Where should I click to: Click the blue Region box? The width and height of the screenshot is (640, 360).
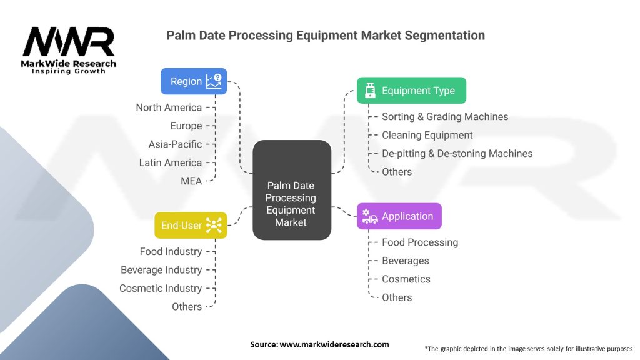pos(194,81)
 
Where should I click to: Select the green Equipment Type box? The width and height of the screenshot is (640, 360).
pos(411,90)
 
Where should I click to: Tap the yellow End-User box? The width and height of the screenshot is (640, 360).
pos(191,225)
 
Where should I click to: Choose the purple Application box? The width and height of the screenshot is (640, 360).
pos(399,216)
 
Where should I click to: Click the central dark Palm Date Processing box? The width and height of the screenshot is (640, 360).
pos(292,190)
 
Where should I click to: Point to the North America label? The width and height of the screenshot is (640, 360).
pos(169,107)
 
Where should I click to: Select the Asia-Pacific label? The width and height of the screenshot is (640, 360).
pos(175,144)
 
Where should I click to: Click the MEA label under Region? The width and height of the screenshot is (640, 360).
pos(191,181)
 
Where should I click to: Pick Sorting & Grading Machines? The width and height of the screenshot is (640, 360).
pos(445,117)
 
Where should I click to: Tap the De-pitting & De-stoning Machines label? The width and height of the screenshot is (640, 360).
pos(457,154)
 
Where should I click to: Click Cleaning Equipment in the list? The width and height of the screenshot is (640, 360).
pos(427,135)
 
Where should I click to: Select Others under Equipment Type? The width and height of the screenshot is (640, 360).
pos(397,172)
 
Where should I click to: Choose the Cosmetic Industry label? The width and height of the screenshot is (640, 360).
pos(161,288)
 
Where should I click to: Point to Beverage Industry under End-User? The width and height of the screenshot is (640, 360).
pos(161,270)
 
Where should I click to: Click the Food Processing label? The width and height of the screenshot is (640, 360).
pos(420,242)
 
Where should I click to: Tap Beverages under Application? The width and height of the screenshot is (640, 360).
pos(405,261)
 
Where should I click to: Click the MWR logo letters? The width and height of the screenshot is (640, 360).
pos(69,42)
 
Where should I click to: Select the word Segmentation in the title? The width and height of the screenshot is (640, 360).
pos(445,36)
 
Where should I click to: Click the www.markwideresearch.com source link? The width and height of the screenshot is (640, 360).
pos(334,344)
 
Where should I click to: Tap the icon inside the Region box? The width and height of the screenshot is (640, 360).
pos(214,81)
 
